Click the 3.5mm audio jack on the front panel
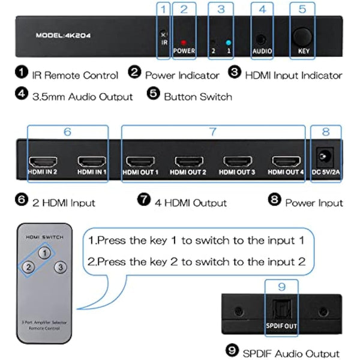coord(261,38)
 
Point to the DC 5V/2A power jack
coord(326,157)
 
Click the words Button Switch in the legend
coord(197,96)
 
